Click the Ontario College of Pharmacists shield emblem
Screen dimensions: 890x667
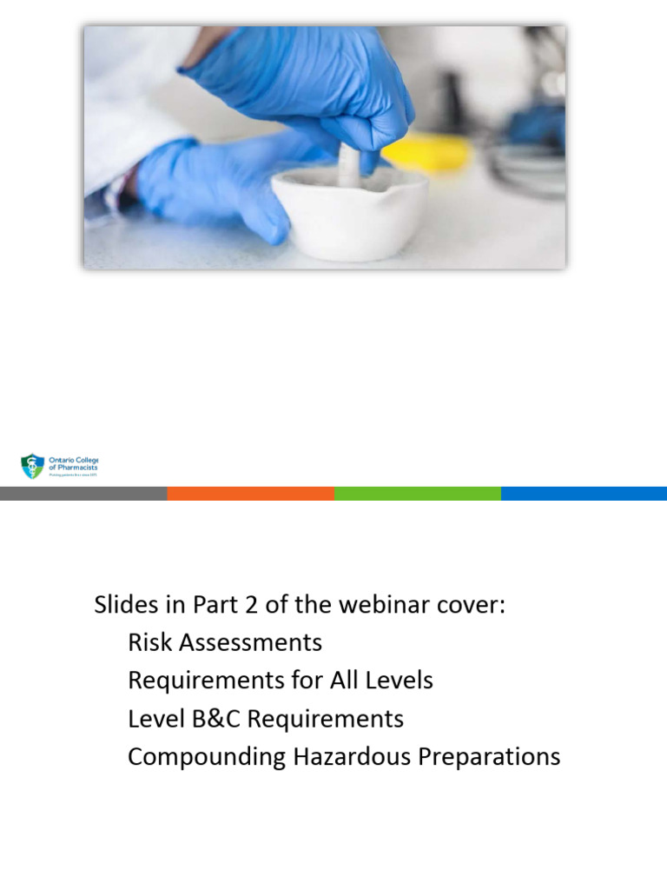32,467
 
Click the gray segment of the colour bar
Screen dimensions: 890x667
83,494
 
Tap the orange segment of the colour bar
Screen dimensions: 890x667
250,494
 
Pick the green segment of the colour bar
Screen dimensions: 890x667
417,494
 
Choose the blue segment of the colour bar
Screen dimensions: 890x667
584,494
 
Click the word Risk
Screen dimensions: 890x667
148,643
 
